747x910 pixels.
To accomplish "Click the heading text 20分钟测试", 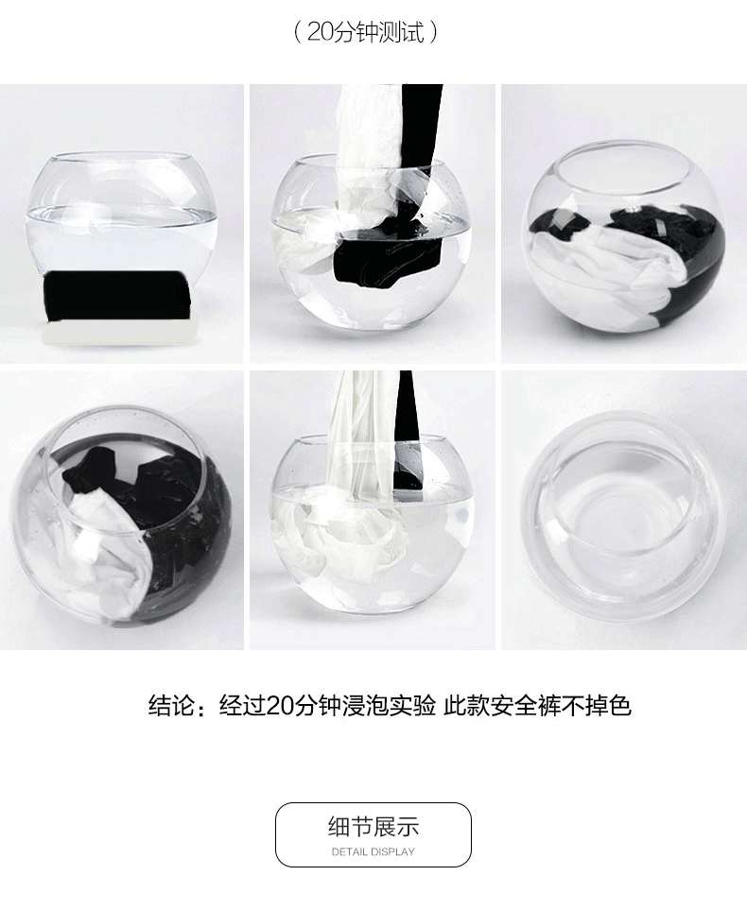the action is tap(365, 32).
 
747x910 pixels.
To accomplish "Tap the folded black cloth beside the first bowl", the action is tap(118, 296).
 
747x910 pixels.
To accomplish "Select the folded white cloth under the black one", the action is tap(118, 334).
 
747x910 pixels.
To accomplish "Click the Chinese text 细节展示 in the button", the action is tap(373, 826).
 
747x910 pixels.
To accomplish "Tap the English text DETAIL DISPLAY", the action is tap(373, 851).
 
